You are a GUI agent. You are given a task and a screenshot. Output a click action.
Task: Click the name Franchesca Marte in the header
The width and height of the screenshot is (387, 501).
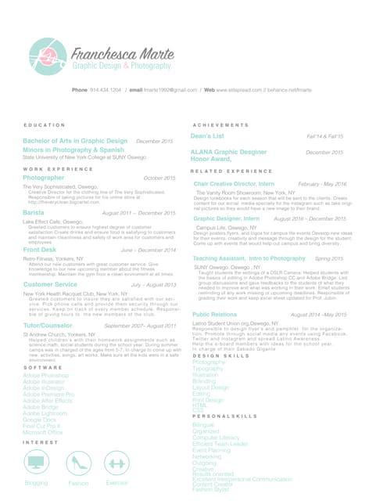tap(125, 54)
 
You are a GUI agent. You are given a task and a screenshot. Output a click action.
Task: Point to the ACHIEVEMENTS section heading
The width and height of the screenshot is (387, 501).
tap(220, 125)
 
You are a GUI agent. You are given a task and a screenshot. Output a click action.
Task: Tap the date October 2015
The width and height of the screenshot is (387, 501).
tap(159, 178)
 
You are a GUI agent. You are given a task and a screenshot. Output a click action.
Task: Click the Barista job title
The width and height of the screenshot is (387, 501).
tap(34, 213)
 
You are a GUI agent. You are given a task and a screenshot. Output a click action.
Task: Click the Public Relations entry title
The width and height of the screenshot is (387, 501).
tap(213, 313)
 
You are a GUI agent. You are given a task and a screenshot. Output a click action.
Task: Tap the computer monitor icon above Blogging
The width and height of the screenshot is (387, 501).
tap(36, 463)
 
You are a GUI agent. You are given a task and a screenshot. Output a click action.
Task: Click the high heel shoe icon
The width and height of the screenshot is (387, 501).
tap(78, 463)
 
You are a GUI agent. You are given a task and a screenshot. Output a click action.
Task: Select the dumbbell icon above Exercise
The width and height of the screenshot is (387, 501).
tap(116, 463)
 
